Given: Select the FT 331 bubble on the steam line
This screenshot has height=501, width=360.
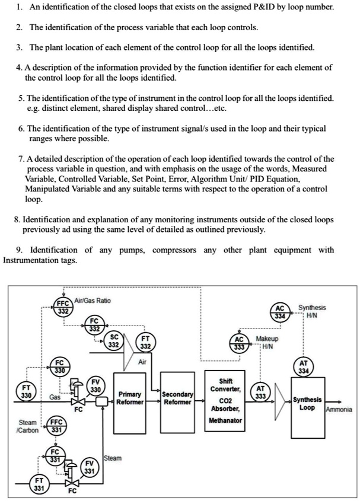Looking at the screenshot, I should (x=39, y=483).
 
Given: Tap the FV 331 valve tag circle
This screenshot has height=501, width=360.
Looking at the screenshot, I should (x=88, y=467).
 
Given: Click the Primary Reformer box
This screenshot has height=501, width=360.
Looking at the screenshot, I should (x=129, y=398).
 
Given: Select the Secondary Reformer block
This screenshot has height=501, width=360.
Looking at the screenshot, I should (x=177, y=398).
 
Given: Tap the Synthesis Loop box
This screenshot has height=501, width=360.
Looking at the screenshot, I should (x=307, y=404).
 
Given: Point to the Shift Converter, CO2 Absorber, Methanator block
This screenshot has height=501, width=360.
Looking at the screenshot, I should (x=225, y=400).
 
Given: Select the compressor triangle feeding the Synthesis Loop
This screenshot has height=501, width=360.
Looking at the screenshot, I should (x=281, y=403).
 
